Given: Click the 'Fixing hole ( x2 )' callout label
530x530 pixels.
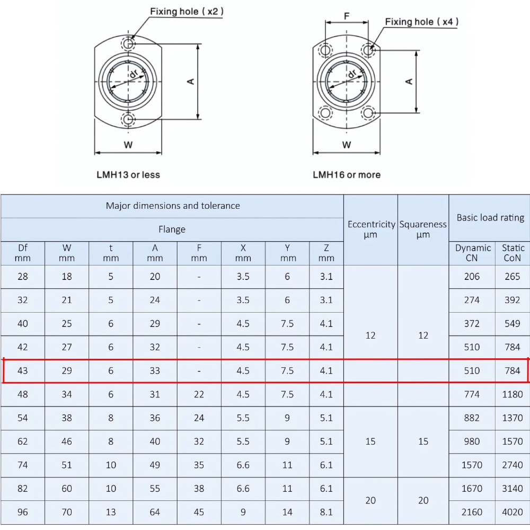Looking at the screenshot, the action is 187,12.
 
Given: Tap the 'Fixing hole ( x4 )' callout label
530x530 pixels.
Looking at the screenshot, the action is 421,22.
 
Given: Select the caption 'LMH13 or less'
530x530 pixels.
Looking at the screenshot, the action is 128,175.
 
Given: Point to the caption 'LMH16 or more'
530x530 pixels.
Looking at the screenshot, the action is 347,175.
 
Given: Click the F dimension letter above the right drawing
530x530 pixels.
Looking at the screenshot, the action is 347,16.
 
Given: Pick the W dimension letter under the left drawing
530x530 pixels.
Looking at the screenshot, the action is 128,145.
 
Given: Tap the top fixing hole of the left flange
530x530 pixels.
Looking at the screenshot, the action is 128,43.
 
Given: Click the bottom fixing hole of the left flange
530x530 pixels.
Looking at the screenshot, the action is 128,119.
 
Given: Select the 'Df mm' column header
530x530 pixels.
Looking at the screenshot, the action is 23,253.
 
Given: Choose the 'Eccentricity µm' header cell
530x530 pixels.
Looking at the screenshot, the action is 371,229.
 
